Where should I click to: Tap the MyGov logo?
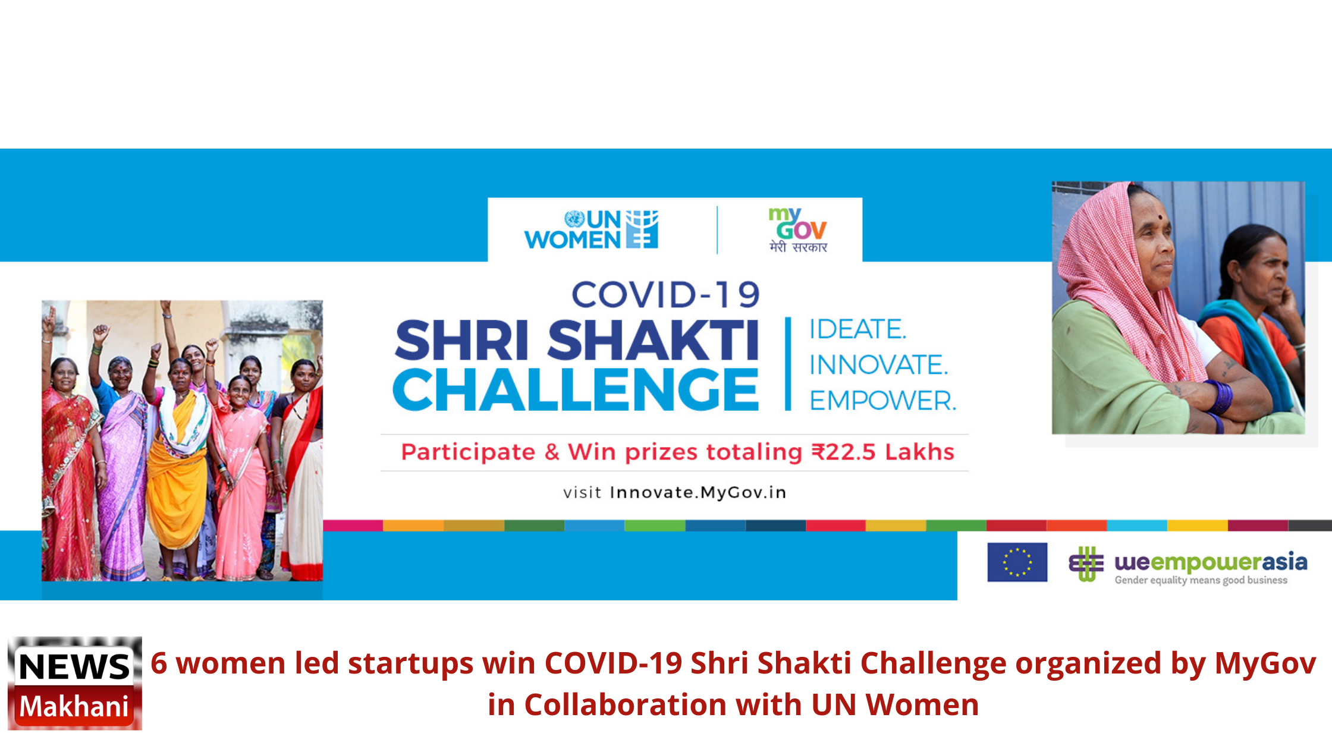click(x=798, y=230)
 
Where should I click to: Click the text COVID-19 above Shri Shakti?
click(x=665, y=295)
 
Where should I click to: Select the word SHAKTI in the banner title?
click(x=653, y=340)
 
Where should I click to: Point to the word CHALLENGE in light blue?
click(x=576, y=389)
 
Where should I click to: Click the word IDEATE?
click(x=857, y=329)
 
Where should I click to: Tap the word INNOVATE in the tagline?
click(x=878, y=365)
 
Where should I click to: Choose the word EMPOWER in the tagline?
click(x=882, y=401)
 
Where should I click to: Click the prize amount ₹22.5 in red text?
click(x=844, y=452)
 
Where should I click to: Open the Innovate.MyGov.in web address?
click(x=698, y=492)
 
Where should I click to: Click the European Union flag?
click(x=1017, y=562)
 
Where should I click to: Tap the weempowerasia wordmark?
click(x=1211, y=562)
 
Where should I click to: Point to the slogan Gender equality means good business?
click(x=1201, y=580)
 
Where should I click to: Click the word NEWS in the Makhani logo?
click(x=74, y=666)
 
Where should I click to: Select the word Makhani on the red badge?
click(x=74, y=706)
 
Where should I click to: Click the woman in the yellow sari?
click(x=177, y=464)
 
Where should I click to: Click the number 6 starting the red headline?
click(x=159, y=663)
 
